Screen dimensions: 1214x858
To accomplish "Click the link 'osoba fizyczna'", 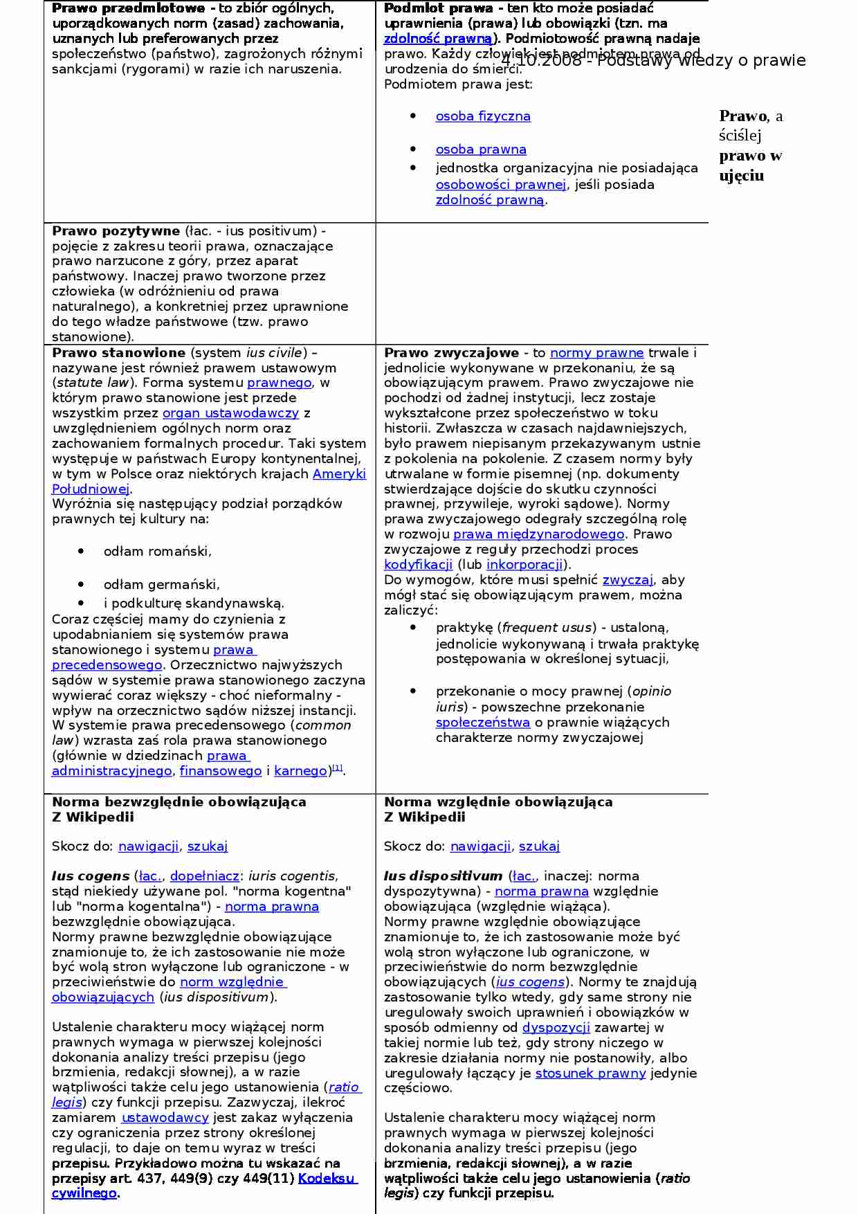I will click(x=483, y=116).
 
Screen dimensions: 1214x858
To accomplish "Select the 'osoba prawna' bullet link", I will click(x=481, y=150).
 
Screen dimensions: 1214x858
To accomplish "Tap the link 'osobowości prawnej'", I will click(x=501, y=185).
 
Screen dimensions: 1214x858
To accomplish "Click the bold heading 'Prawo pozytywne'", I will click(x=116, y=231).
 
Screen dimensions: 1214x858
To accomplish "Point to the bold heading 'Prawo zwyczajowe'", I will click(x=451, y=353).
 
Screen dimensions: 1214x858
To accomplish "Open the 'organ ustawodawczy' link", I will click(x=230, y=413).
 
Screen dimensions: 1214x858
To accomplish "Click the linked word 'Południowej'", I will click(x=91, y=489).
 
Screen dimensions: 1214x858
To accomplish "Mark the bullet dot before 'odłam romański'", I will click(x=81, y=552).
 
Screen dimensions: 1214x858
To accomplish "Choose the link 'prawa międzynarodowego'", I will click(x=538, y=534).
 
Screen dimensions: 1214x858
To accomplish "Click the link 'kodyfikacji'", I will click(x=418, y=565).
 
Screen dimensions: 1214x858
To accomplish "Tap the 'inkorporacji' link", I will click(x=524, y=565).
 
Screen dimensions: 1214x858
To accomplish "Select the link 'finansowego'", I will click(x=221, y=771).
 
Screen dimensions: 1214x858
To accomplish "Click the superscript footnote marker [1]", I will click(x=338, y=768).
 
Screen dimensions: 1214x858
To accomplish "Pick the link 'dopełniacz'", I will click(x=205, y=876).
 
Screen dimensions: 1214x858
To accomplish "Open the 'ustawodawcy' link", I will click(x=165, y=1118).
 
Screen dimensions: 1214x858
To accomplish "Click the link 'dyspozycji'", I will click(x=556, y=1028).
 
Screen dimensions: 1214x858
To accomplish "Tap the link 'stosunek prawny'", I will click(x=590, y=1073).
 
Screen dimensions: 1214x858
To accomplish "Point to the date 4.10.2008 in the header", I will click(x=541, y=61).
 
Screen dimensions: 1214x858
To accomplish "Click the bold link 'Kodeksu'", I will click(x=327, y=1179).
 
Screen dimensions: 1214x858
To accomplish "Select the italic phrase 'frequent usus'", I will click(x=547, y=628).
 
